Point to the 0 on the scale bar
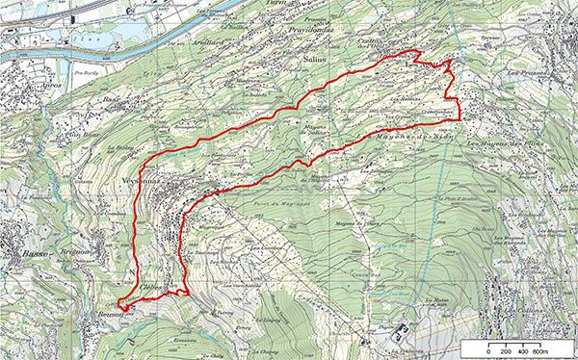click(488, 352)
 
